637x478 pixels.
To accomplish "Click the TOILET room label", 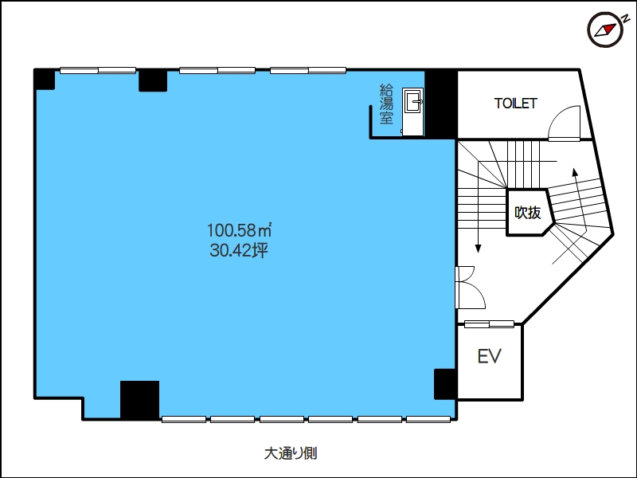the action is tap(516, 104).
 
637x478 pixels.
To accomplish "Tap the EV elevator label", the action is tap(489, 356).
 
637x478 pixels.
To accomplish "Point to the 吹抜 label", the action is tap(528, 212).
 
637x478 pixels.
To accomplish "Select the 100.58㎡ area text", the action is tap(240, 230).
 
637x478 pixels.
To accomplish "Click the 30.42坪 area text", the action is tap(239, 250).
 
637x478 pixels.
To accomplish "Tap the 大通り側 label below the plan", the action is tap(291, 453).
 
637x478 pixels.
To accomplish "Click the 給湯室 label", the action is tap(386, 104).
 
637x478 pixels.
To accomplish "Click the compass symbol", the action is tap(605, 29).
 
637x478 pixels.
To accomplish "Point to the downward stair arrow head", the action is tap(479, 248).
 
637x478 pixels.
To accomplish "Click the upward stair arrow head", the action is tap(575, 171).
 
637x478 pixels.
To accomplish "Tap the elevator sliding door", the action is tap(489, 324).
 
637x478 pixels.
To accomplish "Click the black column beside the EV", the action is tap(446, 384).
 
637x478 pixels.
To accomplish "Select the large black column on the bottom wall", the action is tap(139, 400).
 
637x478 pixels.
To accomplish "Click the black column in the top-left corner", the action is tap(45, 80).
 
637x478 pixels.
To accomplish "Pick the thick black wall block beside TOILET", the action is tap(441, 104).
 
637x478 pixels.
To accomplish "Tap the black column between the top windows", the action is tap(153, 81).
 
